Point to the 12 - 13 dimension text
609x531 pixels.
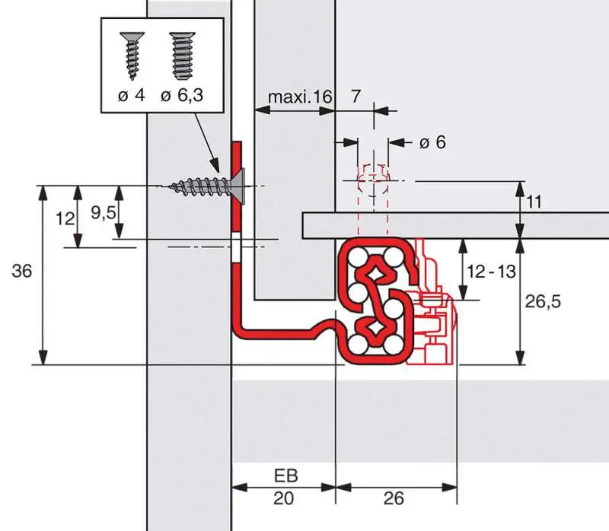pos(491,271)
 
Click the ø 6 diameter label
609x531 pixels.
pos(431,142)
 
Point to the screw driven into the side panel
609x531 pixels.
pos(202,185)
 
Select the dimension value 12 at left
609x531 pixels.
pos(65,218)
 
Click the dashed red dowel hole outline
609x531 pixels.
pos(372,186)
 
